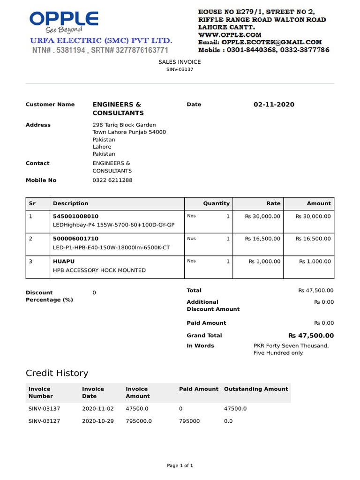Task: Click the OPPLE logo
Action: point(64,20)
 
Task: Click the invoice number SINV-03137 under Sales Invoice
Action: point(180,69)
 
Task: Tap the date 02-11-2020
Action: point(274,105)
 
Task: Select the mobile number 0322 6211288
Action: point(112,180)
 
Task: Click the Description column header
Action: point(71,203)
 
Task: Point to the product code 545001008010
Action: point(76,216)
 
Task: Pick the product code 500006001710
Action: point(76,239)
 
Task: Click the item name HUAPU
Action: point(64,261)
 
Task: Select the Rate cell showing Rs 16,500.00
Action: point(262,239)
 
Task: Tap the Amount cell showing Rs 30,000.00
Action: point(313,216)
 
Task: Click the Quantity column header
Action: point(216,203)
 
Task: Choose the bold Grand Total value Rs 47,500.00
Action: point(311,336)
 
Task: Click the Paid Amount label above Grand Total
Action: point(206,323)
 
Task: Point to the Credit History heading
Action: point(57,373)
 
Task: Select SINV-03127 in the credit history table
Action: point(45,421)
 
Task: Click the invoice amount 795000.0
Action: point(139,421)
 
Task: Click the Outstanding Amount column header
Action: point(256,389)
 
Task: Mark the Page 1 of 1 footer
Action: point(180,465)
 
